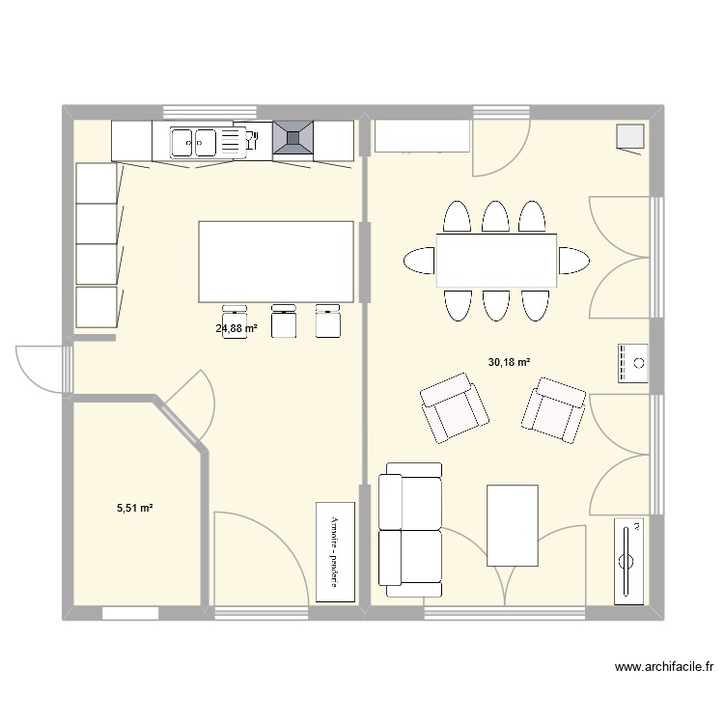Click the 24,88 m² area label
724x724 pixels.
tap(237, 328)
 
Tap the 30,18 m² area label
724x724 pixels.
tap(510, 362)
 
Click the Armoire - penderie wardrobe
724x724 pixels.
tap(335, 551)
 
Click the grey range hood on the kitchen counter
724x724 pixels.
tap(293, 138)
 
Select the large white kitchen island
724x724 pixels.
tap(275, 262)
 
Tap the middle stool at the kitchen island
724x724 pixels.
tap(283, 321)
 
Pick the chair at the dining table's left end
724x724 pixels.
tap(419, 261)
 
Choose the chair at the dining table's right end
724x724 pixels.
tap(573, 261)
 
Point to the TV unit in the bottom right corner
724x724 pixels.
tap(628, 561)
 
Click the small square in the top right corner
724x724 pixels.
tap(629, 138)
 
